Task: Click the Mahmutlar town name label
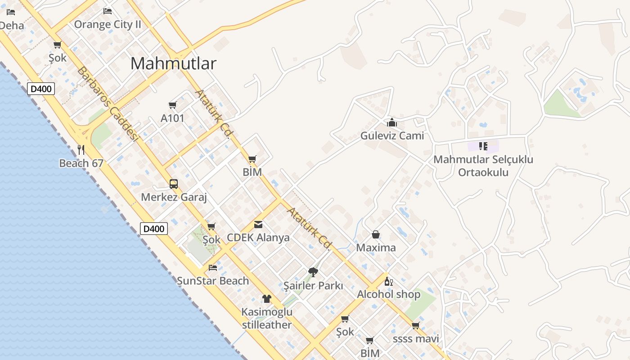173,63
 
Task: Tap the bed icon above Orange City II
108,11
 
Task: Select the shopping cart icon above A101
172,105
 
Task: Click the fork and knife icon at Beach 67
81,149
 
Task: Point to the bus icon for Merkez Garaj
174,184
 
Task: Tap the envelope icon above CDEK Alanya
258,224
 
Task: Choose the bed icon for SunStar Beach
213,267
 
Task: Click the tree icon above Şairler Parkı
313,272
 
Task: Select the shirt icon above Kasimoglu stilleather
267,298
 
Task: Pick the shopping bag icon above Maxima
376,234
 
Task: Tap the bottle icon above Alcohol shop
388,281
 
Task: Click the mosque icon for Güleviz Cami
392,122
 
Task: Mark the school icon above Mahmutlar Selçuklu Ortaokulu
483,146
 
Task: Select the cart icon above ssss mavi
415,325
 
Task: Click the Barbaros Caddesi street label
108,103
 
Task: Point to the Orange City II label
108,24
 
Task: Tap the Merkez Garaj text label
174,197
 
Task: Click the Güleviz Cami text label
392,135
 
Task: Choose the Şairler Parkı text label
313,286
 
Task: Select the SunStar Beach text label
213,281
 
